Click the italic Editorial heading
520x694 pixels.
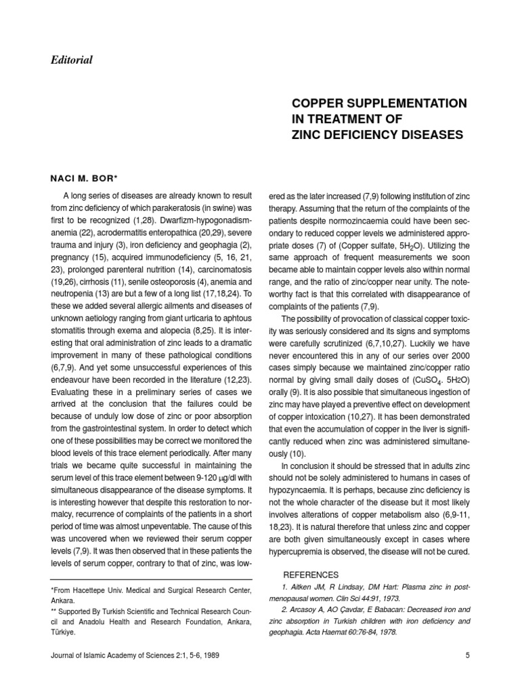(x=71, y=60)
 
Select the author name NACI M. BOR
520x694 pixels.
(x=85, y=178)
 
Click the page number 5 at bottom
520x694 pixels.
(x=468, y=655)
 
